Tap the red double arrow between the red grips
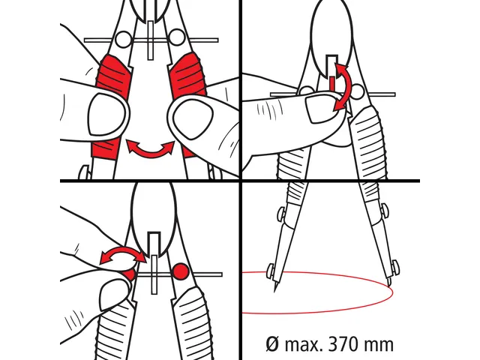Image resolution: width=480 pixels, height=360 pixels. click(150, 148)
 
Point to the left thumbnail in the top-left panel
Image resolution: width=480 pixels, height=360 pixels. click(106, 114)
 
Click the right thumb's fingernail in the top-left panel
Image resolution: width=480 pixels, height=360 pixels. click(193, 119)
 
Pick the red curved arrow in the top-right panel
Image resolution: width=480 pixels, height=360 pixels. click(341, 87)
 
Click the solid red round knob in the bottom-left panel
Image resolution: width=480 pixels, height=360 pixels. click(181, 271)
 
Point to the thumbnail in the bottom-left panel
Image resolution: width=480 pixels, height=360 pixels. click(113, 295)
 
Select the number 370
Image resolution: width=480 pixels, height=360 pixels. click(343, 345)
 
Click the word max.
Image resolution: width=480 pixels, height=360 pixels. click(304, 345)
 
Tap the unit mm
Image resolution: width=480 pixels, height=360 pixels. click(378, 346)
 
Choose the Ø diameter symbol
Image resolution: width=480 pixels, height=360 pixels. click(273, 345)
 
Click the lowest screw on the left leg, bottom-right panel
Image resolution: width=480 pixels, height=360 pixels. click(271, 270)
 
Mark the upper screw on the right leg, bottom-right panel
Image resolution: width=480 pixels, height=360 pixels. click(385, 211)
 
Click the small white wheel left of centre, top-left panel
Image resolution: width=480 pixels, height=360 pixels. click(123, 40)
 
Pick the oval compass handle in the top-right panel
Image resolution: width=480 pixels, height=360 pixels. click(331, 37)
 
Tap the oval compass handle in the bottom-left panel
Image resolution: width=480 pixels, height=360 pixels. click(153, 217)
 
